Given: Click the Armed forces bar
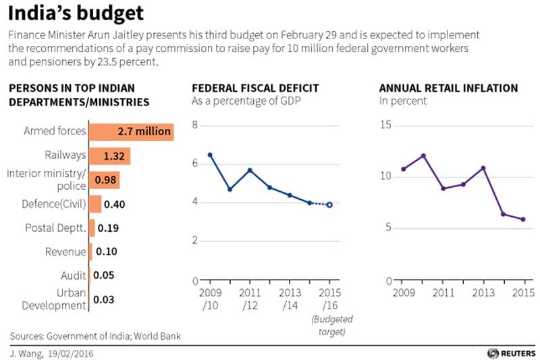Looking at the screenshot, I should coord(131,132).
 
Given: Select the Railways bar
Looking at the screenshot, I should coord(109,156).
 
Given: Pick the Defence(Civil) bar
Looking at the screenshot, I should coord(94,204).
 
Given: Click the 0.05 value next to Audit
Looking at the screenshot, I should coord(103,276).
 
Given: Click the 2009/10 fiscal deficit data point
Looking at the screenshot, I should coord(210,155).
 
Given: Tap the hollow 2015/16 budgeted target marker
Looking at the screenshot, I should coord(329,205).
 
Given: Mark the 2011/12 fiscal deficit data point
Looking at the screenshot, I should coord(250,170).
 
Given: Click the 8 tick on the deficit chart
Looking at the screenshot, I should coord(194,126).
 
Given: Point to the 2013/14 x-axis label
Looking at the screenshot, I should coord(290,299).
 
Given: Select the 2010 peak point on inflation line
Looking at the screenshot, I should coord(423,156).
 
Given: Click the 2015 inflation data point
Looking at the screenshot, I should coord(523,219).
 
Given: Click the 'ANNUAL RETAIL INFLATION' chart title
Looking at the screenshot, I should coord(448,88).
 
